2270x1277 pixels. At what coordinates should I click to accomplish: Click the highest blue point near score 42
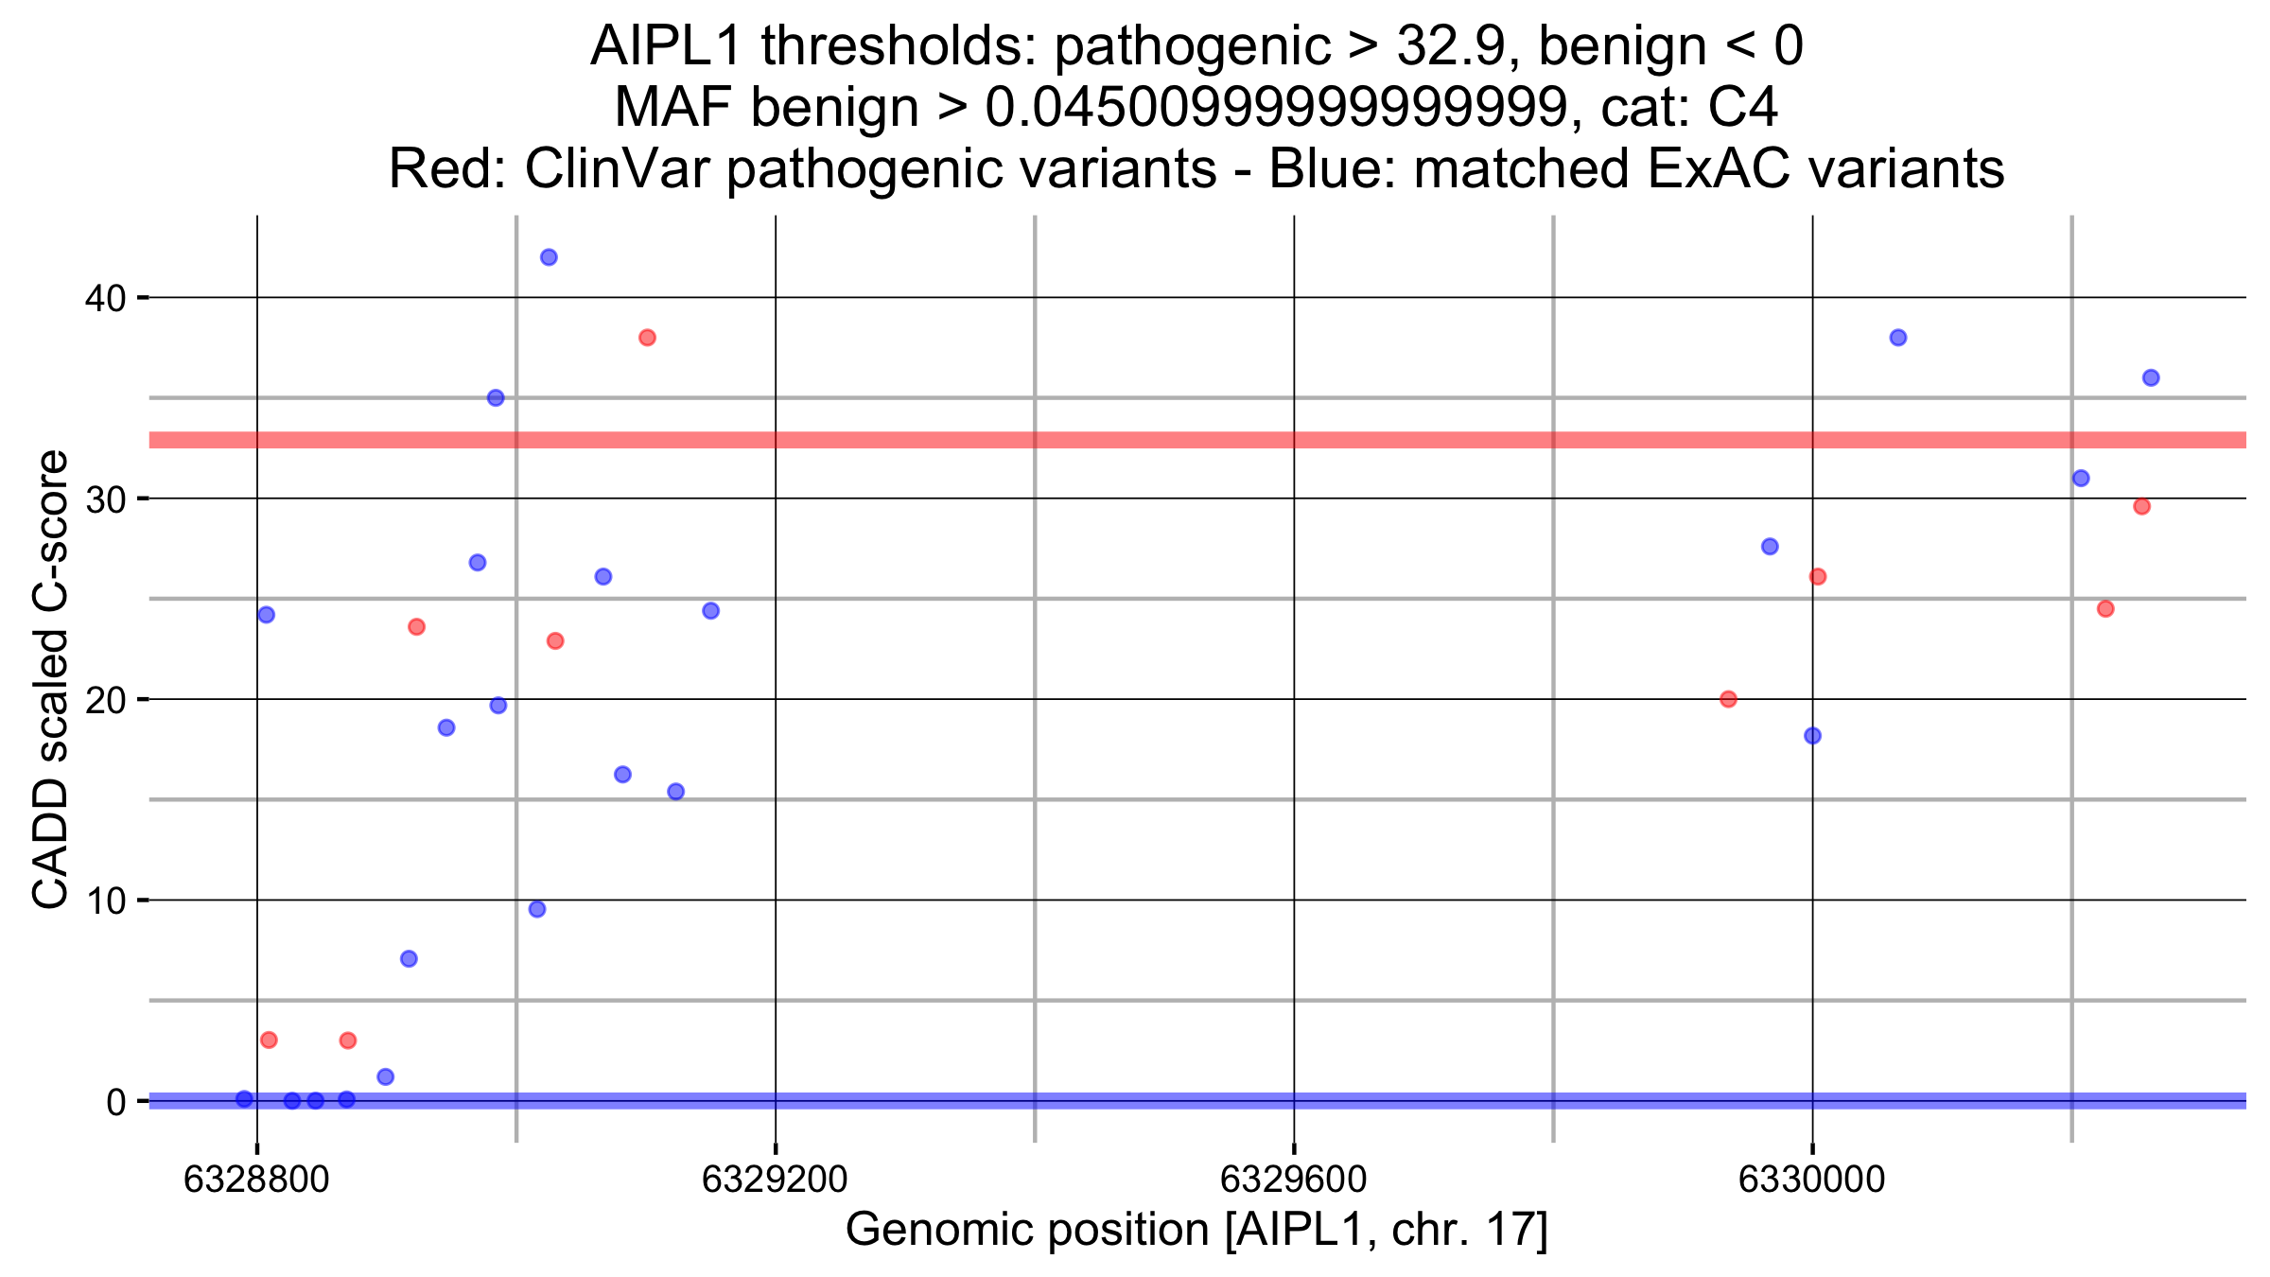click(x=549, y=257)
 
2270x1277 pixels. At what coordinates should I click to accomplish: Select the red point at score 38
click(x=647, y=338)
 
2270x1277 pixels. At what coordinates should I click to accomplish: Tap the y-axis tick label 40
click(x=105, y=299)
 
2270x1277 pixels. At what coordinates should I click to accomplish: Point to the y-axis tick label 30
click(x=105, y=499)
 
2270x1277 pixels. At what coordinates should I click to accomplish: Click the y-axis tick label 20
click(x=105, y=701)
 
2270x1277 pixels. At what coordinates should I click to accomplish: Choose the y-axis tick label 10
click(x=105, y=901)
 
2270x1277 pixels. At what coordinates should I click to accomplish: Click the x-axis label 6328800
click(x=256, y=1180)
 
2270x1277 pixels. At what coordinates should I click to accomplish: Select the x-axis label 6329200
click(x=775, y=1180)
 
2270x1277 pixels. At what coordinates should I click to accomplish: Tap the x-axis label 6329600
click(x=1293, y=1180)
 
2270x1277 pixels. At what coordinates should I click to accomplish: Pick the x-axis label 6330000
click(x=1811, y=1180)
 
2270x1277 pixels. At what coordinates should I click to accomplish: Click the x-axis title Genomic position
click(x=1027, y=1230)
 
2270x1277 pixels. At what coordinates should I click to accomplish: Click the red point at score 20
click(x=1728, y=699)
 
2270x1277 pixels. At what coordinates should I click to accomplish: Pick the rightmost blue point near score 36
click(x=2151, y=377)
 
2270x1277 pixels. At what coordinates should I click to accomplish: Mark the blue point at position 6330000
click(x=1812, y=736)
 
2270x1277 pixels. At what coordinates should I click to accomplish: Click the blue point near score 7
click(x=409, y=959)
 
